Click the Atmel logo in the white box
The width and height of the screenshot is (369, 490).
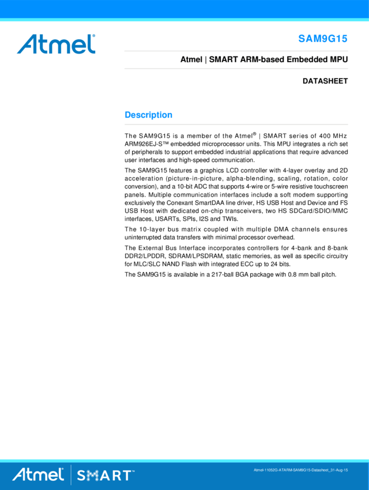click(x=56, y=44)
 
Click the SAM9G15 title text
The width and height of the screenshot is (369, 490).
click(x=323, y=39)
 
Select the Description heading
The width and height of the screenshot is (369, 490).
click(x=149, y=115)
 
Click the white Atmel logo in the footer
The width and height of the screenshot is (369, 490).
click(x=38, y=474)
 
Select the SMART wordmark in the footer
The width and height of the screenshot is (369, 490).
click(x=104, y=476)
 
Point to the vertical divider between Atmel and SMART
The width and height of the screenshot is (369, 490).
click(x=71, y=474)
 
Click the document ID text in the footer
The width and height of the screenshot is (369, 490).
click(x=300, y=470)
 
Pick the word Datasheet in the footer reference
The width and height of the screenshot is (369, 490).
click(x=318, y=470)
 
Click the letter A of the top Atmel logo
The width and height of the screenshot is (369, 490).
click(x=25, y=44)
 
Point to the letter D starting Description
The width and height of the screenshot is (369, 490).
click(x=128, y=115)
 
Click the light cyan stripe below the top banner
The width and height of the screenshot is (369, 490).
click(x=184, y=20)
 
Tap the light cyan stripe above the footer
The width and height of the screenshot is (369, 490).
click(x=184, y=460)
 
